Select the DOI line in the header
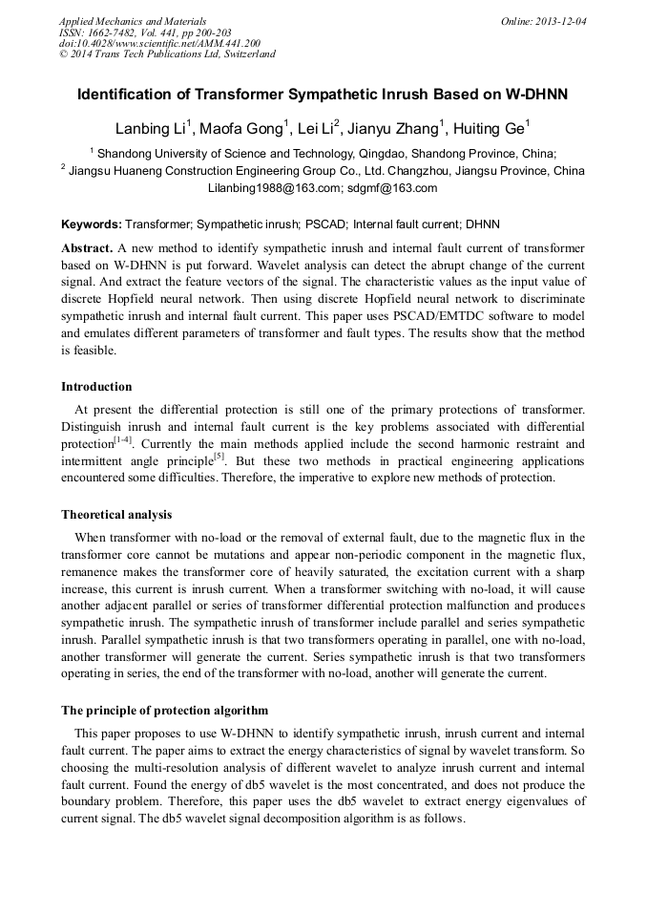[159, 43]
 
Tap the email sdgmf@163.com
[392, 188]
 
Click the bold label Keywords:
[92, 225]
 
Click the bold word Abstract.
[87, 247]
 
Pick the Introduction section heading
[96, 387]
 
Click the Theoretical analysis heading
[116, 515]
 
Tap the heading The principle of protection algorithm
[164, 711]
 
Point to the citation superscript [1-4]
[124, 438]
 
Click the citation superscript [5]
[219, 456]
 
